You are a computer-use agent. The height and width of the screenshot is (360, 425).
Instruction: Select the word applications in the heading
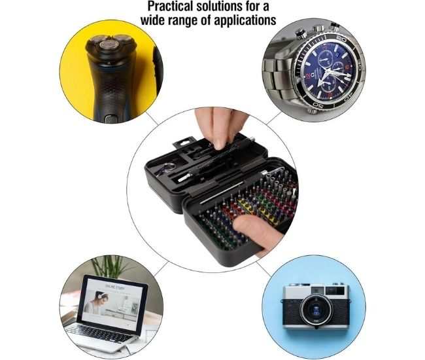pos(246,20)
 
